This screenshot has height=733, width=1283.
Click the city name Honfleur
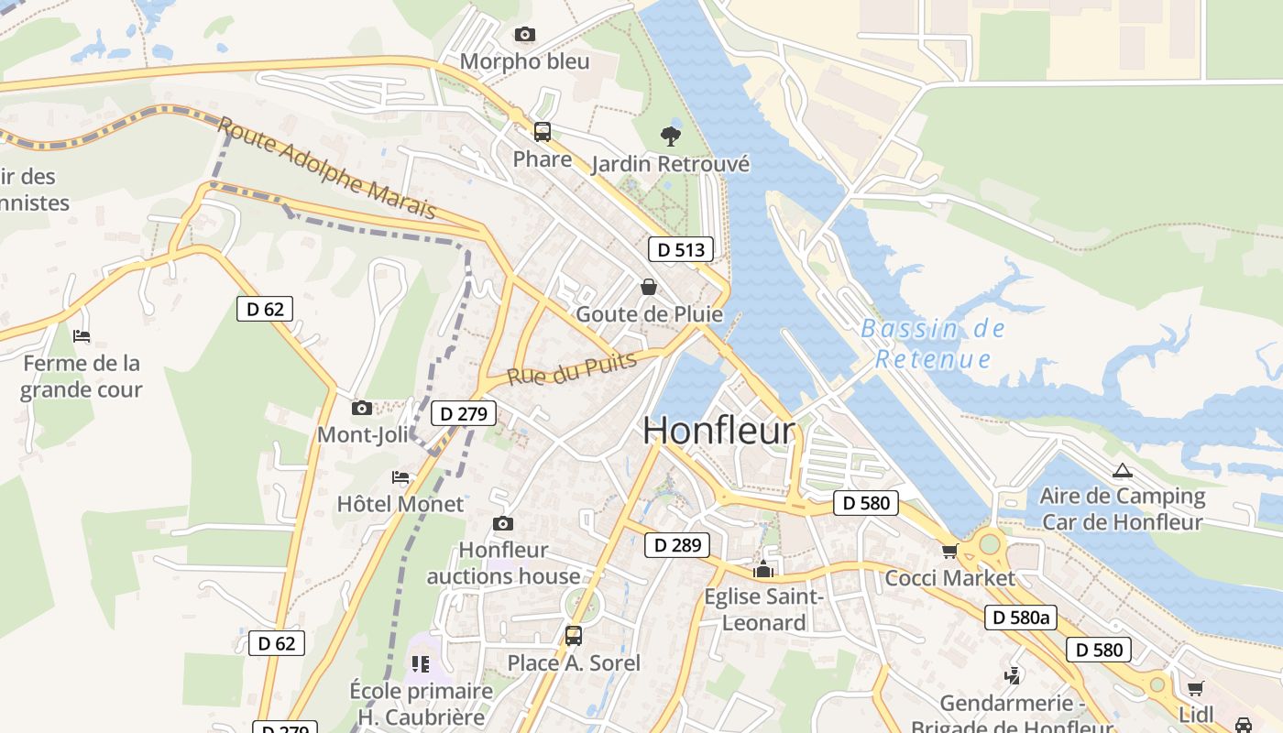pos(718,430)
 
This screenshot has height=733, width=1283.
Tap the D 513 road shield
pos(681,249)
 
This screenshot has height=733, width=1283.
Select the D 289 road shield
pos(677,545)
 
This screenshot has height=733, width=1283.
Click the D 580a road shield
pos(1021,618)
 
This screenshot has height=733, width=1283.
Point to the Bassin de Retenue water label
pos(933,344)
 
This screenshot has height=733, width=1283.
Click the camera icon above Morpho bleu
pos(524,35)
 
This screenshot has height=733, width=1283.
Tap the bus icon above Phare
pos(543,131)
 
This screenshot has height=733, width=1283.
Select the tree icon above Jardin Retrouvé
pos(671,137)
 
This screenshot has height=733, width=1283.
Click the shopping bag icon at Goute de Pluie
pos(649,287)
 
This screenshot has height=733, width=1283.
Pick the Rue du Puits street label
pos(572,368)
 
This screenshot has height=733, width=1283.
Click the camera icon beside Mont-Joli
pos(362,408)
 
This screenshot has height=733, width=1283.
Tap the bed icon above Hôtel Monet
pos(400,477)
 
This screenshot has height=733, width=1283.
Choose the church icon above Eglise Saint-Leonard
pos(762,570)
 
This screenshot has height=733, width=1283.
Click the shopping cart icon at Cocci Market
pos(949,551)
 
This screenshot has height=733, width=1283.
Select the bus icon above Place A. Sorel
pos(574,635)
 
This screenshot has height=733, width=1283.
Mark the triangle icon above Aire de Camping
pos(1122,471)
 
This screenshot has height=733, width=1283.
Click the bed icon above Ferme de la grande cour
pos(82,336)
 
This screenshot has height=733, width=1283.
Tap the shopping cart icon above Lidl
pos(1195,688)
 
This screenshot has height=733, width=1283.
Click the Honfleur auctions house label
pos(503,563)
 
